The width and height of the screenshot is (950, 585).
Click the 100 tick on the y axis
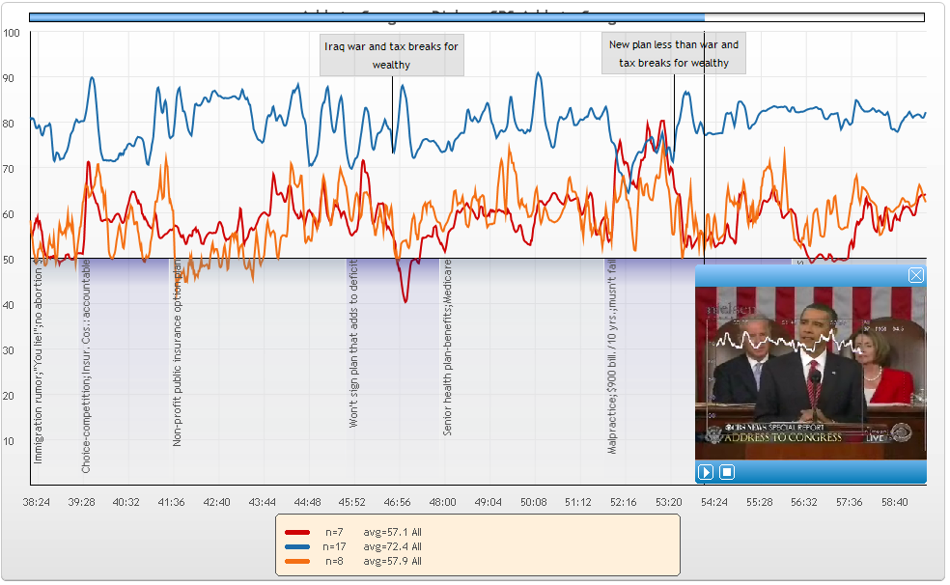click(x=12, y=33)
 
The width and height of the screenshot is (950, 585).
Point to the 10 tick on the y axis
click(x=12, y=441)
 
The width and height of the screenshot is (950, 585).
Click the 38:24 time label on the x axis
click(x=38, y=502)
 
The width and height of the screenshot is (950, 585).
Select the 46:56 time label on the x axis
click(x=398, y=502)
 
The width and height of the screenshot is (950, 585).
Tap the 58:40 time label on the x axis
click(x=894, y=502)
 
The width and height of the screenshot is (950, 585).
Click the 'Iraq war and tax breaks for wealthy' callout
click(x=392, y=55)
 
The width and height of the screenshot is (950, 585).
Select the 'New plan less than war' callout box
click(x=674, y=53)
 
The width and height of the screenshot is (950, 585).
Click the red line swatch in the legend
click(x=298, y=532)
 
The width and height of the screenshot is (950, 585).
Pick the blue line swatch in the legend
click(x=298, y=546)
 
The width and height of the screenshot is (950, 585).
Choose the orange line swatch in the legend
click(x=298, y=561)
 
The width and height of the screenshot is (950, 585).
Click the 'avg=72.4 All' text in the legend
click(x=392, y=546)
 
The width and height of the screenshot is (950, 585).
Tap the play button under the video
click(x=706, y=472)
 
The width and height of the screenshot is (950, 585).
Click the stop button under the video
click(x=728, y=472)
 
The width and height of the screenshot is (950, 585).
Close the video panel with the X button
click(x=916, y=276)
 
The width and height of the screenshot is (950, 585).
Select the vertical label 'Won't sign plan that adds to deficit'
click(x=354, y=345)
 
